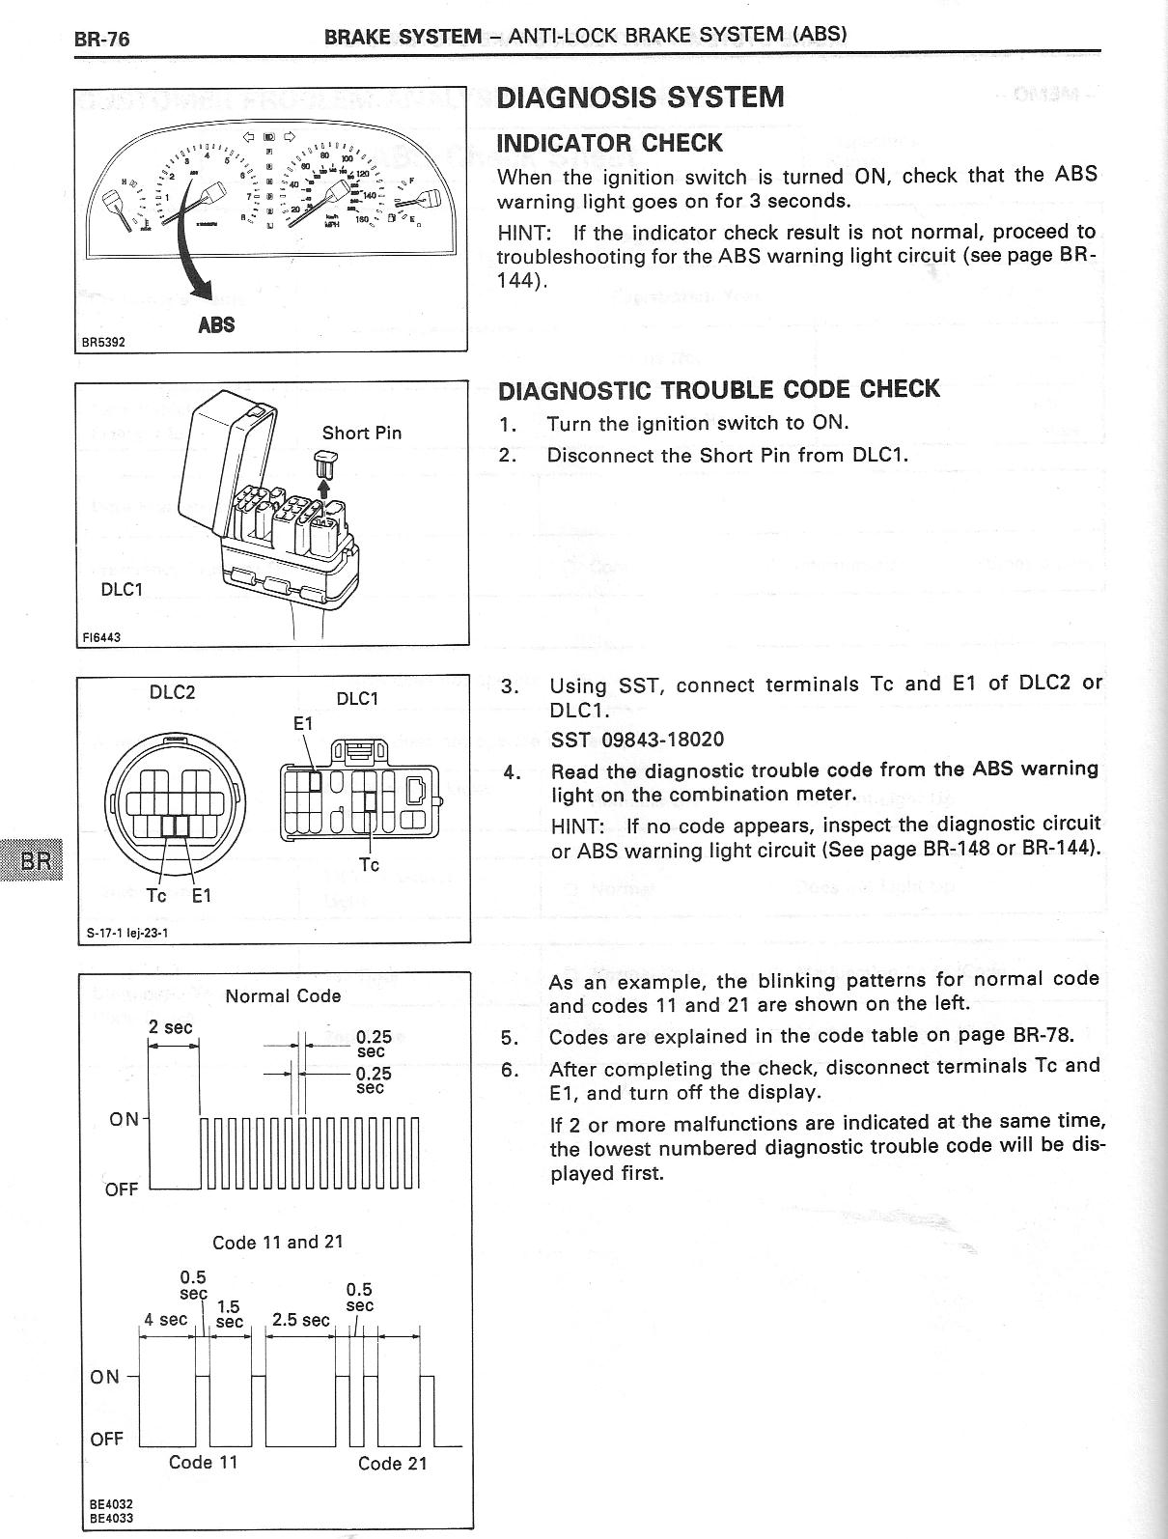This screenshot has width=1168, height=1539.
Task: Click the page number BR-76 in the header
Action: coord(101,39)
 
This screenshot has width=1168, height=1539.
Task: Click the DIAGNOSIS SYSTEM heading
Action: coord(639,98)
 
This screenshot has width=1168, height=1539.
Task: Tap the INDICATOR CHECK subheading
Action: coord(609,143)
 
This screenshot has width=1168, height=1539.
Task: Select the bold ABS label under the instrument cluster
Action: coord(216,324)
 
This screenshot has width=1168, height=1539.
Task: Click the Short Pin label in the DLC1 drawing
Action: coord(361,433)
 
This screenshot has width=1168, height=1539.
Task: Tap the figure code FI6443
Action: coord(102,636)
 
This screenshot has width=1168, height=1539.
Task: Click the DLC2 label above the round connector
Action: coord(173,692)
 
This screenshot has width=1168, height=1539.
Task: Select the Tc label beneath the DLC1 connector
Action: coord(369,864)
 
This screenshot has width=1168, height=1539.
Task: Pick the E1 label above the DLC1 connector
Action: coord(303,723)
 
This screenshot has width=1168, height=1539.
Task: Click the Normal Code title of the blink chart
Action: coord(283,995)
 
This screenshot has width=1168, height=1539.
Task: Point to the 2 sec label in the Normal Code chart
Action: coord(171,1027)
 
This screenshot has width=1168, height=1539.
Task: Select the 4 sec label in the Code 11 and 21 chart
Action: coord(165,1319)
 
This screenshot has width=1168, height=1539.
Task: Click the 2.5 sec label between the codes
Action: coord(301,1319)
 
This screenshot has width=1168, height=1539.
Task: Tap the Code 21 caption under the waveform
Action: coord(392,1464)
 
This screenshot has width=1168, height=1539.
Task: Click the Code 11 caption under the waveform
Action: coord(203,1462)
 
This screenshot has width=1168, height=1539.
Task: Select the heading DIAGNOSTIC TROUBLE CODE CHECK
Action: coord(718,389)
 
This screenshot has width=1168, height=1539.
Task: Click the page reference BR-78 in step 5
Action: coord(1043,1036)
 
